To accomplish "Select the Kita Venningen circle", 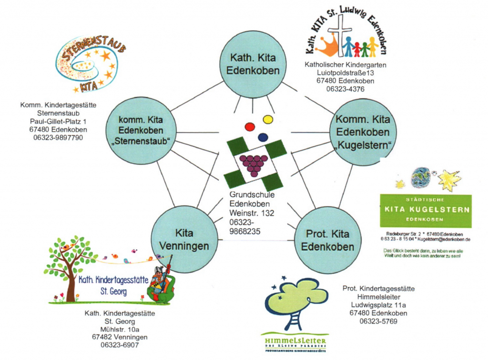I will (184, 239).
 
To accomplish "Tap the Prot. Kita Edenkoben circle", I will (327, 240).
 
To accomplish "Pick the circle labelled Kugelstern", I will (363, 132).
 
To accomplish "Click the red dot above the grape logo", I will (250, 127).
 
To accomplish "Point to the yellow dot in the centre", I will (268, 119).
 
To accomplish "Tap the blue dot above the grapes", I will (263, 137).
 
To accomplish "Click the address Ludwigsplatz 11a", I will (378, 305).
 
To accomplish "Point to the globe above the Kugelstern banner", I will (421, 177).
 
